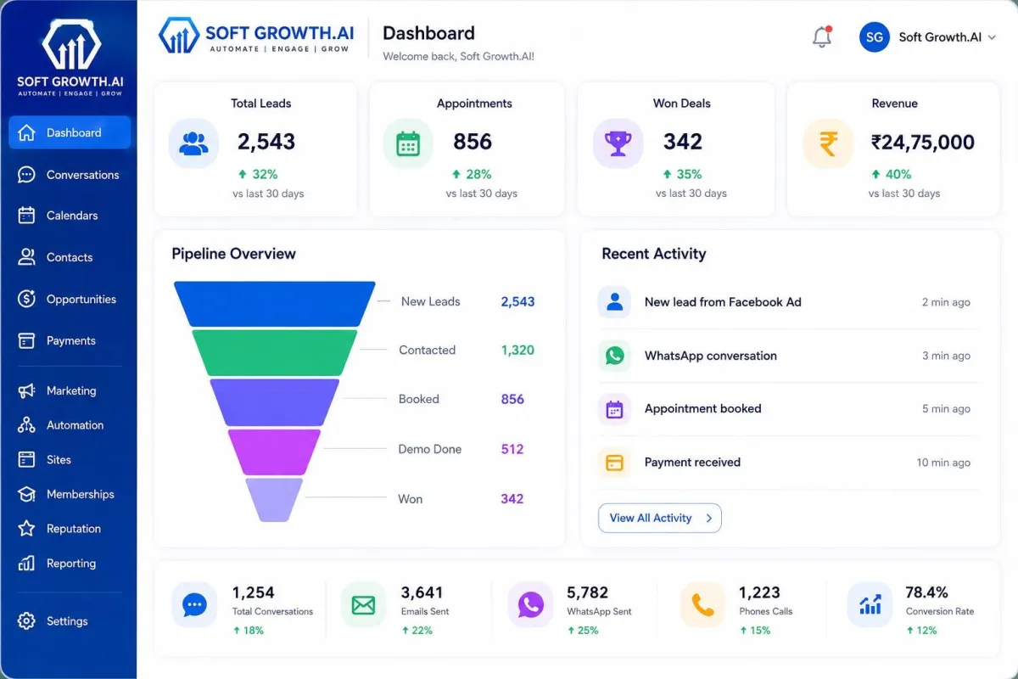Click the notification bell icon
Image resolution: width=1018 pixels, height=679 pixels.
822,36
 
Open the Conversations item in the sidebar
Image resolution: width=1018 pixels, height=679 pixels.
69,175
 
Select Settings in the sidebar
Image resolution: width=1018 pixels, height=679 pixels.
53,620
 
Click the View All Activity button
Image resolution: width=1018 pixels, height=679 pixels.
659,518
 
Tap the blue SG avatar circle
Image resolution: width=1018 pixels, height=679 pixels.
874,37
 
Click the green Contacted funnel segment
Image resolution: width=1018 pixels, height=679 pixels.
275,352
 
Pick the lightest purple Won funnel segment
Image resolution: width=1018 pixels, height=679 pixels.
274,499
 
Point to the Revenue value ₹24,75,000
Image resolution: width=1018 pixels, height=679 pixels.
922,143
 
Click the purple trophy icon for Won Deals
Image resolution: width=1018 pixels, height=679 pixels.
618,143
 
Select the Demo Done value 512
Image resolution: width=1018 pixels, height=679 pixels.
512,449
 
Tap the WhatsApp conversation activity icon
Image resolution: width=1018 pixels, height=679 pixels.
614,356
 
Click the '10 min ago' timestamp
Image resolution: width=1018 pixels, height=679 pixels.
943,463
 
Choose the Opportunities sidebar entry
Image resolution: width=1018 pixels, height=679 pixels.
67,299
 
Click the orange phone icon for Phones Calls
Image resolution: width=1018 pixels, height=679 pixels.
702,605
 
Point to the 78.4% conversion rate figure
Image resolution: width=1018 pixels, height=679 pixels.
926,592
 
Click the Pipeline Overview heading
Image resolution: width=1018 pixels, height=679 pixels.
233,253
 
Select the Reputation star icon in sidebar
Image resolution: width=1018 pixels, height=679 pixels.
26,529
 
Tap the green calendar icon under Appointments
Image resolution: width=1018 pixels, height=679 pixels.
408,144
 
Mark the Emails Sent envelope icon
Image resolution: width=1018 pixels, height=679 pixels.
363,605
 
